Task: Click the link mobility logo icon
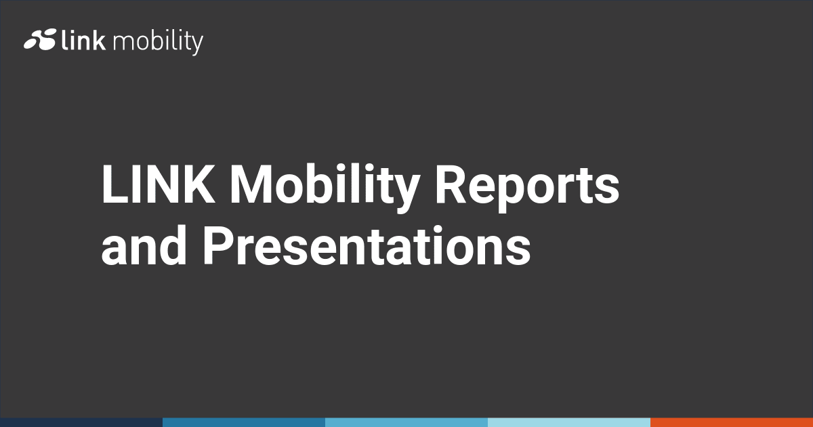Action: [x=40, y=41]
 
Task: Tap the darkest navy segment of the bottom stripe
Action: [x=81, y=422]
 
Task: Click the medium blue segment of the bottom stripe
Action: [x=244, y=422]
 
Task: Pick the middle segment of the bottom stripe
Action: [x=406, y=422]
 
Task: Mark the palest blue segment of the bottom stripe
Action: [x=569, y=422]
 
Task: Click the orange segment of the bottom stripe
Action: [x=732, y=422]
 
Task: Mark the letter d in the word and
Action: [x=172, y=245]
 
